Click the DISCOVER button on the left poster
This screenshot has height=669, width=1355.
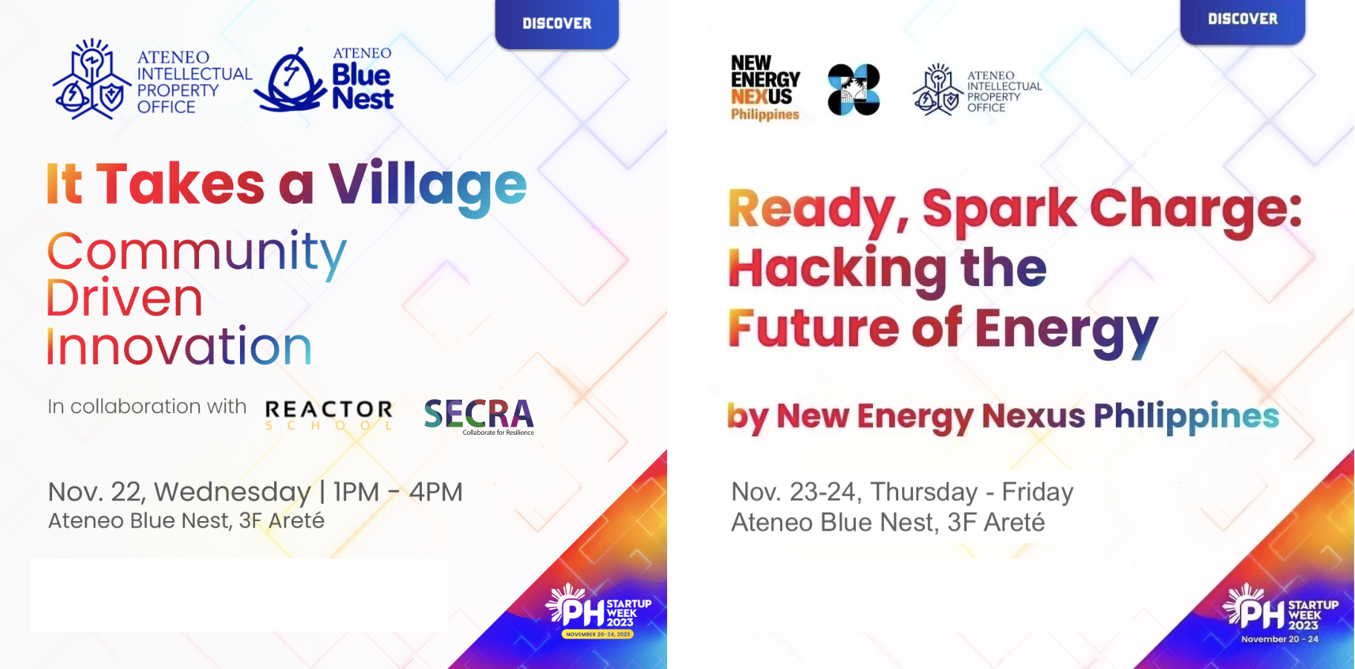557,24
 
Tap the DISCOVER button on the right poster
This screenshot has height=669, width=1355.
1243,20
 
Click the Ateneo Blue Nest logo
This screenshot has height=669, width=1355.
324,80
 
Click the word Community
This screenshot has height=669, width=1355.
197,253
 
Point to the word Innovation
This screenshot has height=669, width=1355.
179,346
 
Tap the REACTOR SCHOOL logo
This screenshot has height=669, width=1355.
329,415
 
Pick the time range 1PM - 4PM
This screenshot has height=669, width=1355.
398,492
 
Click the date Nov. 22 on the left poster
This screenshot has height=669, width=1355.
95,492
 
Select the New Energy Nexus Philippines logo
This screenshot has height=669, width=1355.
765,88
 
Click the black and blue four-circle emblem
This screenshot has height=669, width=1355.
854,90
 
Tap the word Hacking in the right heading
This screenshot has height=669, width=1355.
837,270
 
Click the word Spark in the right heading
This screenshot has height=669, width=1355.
999,209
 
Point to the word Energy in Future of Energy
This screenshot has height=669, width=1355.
1067,332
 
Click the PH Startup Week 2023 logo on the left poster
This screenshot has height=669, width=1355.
599,610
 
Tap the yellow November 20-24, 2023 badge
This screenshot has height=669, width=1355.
598,634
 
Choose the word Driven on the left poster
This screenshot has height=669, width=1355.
125,299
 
